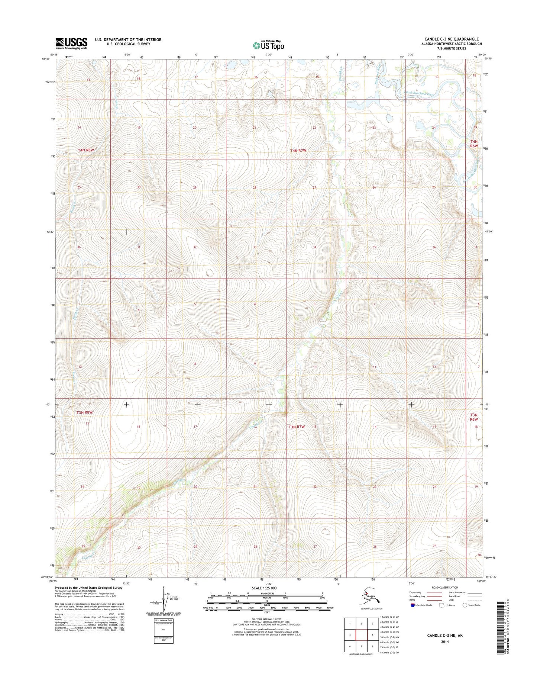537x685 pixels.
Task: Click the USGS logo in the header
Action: pos(71,43)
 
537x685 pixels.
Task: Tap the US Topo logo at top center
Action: pos(268,45)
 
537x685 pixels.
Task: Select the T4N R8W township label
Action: pos(86,150)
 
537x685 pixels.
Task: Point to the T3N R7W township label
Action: pos(297,427)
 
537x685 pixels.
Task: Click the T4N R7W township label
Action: pos(298,151)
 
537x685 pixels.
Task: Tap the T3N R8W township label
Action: pos(84,412)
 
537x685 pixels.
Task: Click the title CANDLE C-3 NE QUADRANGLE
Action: pos(452,39)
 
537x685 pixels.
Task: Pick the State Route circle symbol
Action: pos(465,615)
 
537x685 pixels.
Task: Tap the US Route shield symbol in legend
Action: pos(441,615)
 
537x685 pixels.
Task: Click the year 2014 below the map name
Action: pos(445,641)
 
